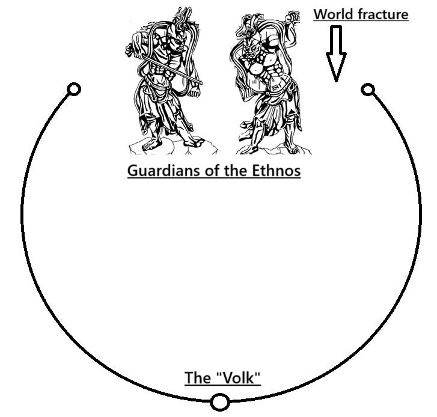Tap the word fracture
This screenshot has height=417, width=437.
coord(382,14)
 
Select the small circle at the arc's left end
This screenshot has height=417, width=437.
coord(73,90)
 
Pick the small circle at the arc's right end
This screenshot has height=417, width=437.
coord(368,90)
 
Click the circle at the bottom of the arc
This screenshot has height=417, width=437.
coord(220,401)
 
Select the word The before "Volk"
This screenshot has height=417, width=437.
coord(197,378)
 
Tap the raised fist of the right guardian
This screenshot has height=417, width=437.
coord(294,18)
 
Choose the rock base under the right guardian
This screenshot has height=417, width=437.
coord(264,149)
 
